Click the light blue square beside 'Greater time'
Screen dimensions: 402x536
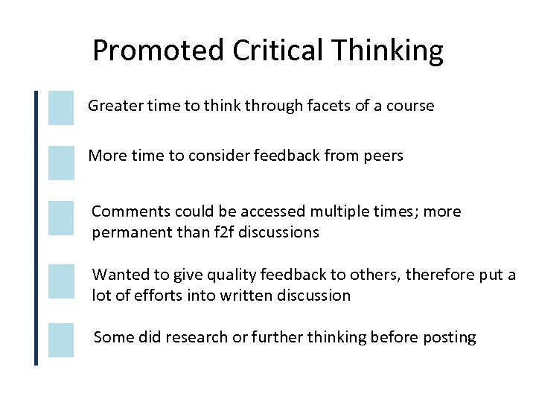click(61, 107)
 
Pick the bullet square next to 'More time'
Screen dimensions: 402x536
click(61, 162)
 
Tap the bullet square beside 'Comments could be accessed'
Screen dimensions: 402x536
click(61, 217)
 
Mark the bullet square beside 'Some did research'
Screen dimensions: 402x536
click(61, 339)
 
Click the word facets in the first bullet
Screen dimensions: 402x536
click(330, 106)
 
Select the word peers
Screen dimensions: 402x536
click(384, 156)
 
